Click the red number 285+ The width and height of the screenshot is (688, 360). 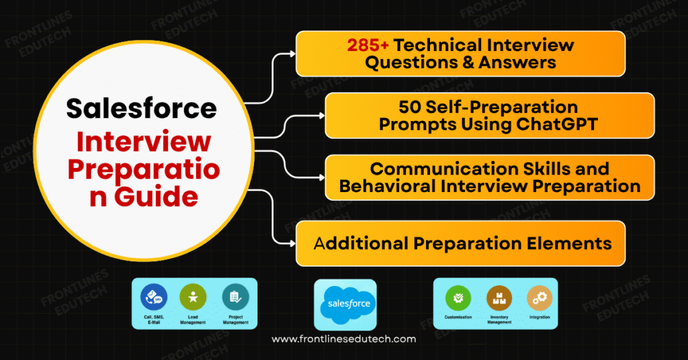tap(368, 45)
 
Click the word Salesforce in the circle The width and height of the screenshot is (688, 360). tap(142, 107)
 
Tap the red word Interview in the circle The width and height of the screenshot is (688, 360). tap(143, 141)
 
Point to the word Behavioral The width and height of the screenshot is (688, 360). tap(386, 186)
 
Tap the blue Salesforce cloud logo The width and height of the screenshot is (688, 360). tap(345, 304)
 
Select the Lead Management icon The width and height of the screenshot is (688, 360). tap(193, 296)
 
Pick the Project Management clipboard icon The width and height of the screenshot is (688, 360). tap(235, 296)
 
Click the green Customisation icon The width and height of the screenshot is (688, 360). tap(458, 296)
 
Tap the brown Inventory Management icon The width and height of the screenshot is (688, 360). tap(499, 296)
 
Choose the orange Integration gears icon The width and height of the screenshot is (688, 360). tap(539, 296)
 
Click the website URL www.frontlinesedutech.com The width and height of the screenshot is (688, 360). tap(343, 339)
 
